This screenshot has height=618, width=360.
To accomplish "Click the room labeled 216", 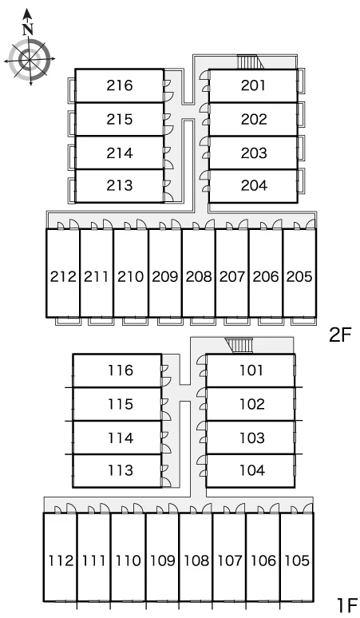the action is pos(120,85).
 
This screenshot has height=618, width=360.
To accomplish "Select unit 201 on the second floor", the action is pos(253,85).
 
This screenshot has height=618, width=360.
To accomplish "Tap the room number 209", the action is pos(165,277).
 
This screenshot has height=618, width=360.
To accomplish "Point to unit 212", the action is pos(63,273).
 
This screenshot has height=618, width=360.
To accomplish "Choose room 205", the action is pos(299,273).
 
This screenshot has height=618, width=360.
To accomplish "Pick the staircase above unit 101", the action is pos(239,346).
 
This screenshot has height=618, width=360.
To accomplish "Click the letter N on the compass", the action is pos(28,30).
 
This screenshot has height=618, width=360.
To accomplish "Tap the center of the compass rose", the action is pos(30,60).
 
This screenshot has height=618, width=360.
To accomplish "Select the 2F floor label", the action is pos(339,335).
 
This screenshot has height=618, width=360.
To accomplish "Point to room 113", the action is pos(117,470).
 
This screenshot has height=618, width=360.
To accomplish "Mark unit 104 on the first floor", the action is pos(251,470).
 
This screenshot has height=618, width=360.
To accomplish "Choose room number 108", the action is pos(196,561).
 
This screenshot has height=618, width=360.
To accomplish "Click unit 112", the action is pos(60,557).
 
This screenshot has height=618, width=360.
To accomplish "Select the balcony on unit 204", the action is pos(301,181).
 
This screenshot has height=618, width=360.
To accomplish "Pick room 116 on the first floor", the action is pos(117,370).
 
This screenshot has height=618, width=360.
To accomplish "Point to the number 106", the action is pos(263,561).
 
